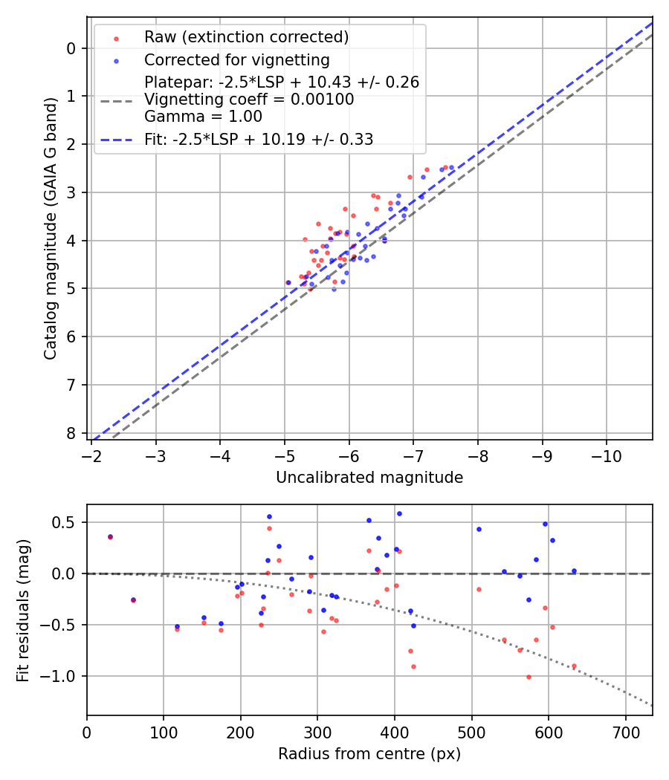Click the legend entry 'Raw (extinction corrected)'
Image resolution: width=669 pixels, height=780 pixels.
246,37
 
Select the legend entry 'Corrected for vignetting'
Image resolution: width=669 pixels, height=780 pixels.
236,59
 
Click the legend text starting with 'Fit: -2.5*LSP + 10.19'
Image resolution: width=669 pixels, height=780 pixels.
259,139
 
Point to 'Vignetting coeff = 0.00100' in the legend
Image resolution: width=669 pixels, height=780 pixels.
249,100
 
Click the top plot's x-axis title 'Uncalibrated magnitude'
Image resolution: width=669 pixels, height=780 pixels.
369,478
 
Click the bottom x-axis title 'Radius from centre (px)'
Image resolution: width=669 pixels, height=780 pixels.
369,754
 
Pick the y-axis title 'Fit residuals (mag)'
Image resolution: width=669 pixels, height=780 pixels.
23,610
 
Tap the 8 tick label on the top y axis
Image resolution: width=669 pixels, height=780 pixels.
71,433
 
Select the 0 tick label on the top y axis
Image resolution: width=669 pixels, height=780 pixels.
71,48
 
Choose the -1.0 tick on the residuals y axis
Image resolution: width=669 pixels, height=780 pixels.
62,676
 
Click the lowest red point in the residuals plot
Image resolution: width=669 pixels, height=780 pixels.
529,677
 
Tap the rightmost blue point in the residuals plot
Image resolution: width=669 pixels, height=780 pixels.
574,571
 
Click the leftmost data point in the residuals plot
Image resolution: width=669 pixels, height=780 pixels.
110,536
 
